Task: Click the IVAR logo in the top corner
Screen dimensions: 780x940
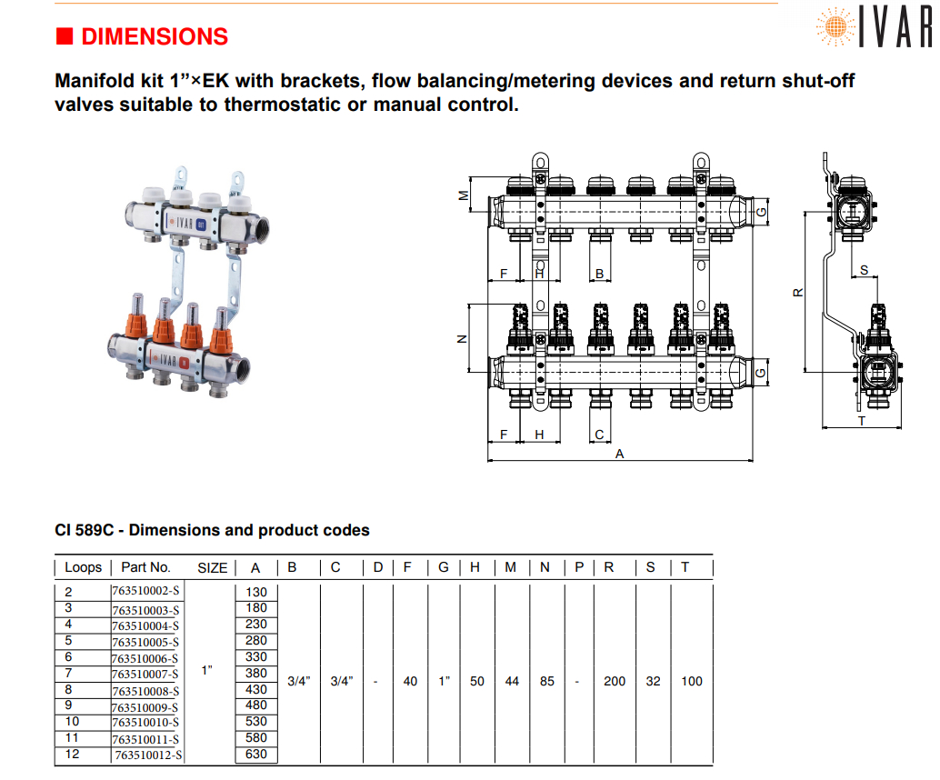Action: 875,26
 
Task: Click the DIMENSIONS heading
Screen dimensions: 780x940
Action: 154,37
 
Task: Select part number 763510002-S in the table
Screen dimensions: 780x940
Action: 145,593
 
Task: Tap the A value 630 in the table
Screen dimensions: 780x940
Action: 255,754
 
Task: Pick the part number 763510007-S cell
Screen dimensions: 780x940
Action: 145,675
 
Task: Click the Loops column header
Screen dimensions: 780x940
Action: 83,567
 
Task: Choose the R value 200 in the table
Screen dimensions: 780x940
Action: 615,681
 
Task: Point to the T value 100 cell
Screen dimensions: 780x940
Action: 692,681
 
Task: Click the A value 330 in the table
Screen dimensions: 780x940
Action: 255,656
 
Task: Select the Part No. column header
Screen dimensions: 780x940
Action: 145,567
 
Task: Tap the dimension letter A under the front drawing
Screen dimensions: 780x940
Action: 620,454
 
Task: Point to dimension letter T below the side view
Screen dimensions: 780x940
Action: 861,421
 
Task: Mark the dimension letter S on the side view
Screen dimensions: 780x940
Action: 864,270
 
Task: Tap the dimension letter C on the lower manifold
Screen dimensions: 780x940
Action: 599,435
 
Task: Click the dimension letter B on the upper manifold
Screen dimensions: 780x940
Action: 599,274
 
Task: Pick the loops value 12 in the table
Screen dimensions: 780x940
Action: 73,754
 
